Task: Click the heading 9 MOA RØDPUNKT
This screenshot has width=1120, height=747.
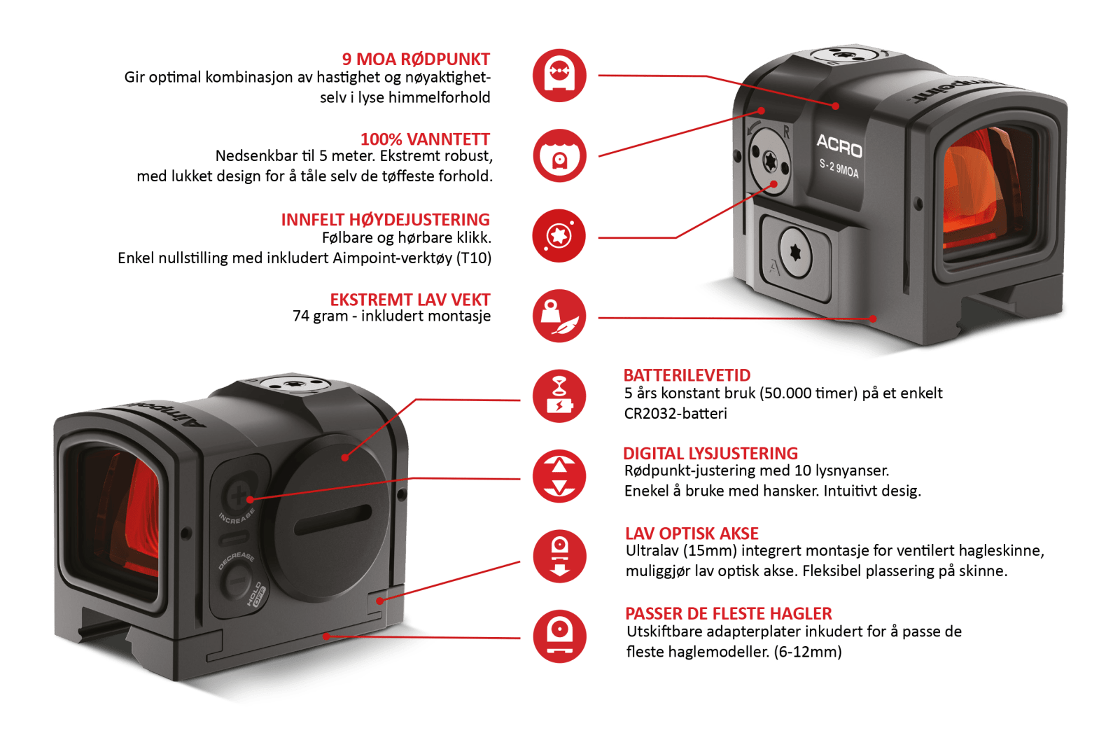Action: tap(416, 60)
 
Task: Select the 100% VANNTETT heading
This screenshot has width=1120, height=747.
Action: tap(425, 139)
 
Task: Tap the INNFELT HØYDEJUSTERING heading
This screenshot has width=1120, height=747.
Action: tap(386, 220)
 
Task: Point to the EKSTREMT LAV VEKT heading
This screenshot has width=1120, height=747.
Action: tap(410, 300)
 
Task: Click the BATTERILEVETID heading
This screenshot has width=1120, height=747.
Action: tap(687, 376)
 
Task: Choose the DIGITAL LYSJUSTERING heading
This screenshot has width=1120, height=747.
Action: tap(710, 454)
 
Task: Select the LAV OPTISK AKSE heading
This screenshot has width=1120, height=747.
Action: tap(692, 534)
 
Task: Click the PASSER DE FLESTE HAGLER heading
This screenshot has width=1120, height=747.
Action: tap(728, 614)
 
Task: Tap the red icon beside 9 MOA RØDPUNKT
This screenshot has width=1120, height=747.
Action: tap(559, 75)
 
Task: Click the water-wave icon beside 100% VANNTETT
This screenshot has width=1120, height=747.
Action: tap(559, 155)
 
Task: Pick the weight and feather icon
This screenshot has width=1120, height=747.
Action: tap(559, 316)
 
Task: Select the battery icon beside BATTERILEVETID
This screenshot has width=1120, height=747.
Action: tap(559, 396)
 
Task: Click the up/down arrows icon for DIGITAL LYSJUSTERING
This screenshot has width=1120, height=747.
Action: tap(559, 476)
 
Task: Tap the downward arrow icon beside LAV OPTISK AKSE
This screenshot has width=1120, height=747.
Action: tap(559, 557)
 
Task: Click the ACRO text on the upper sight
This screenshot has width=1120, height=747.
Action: tap(839, 146)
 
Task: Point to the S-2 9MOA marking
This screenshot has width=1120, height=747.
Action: tap(839, 169)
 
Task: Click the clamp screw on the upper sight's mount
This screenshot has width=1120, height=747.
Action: tap(795, 253)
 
